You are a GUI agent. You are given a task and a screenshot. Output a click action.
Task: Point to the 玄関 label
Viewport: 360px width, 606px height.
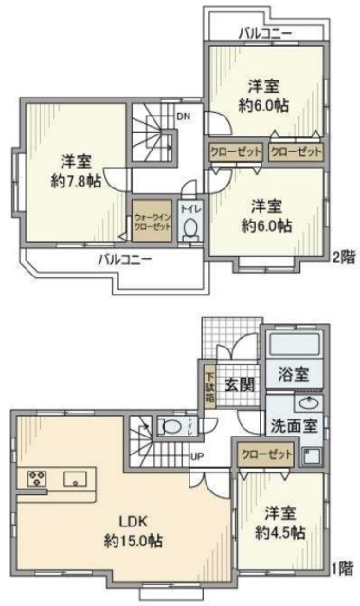click(238, 385)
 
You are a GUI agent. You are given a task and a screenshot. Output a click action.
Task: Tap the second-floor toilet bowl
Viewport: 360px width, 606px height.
click(189, 228)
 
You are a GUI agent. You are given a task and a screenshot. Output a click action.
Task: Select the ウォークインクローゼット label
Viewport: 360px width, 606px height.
click(152, 220)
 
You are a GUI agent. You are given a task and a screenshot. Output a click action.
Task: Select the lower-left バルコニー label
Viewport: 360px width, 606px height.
click(124, 258)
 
